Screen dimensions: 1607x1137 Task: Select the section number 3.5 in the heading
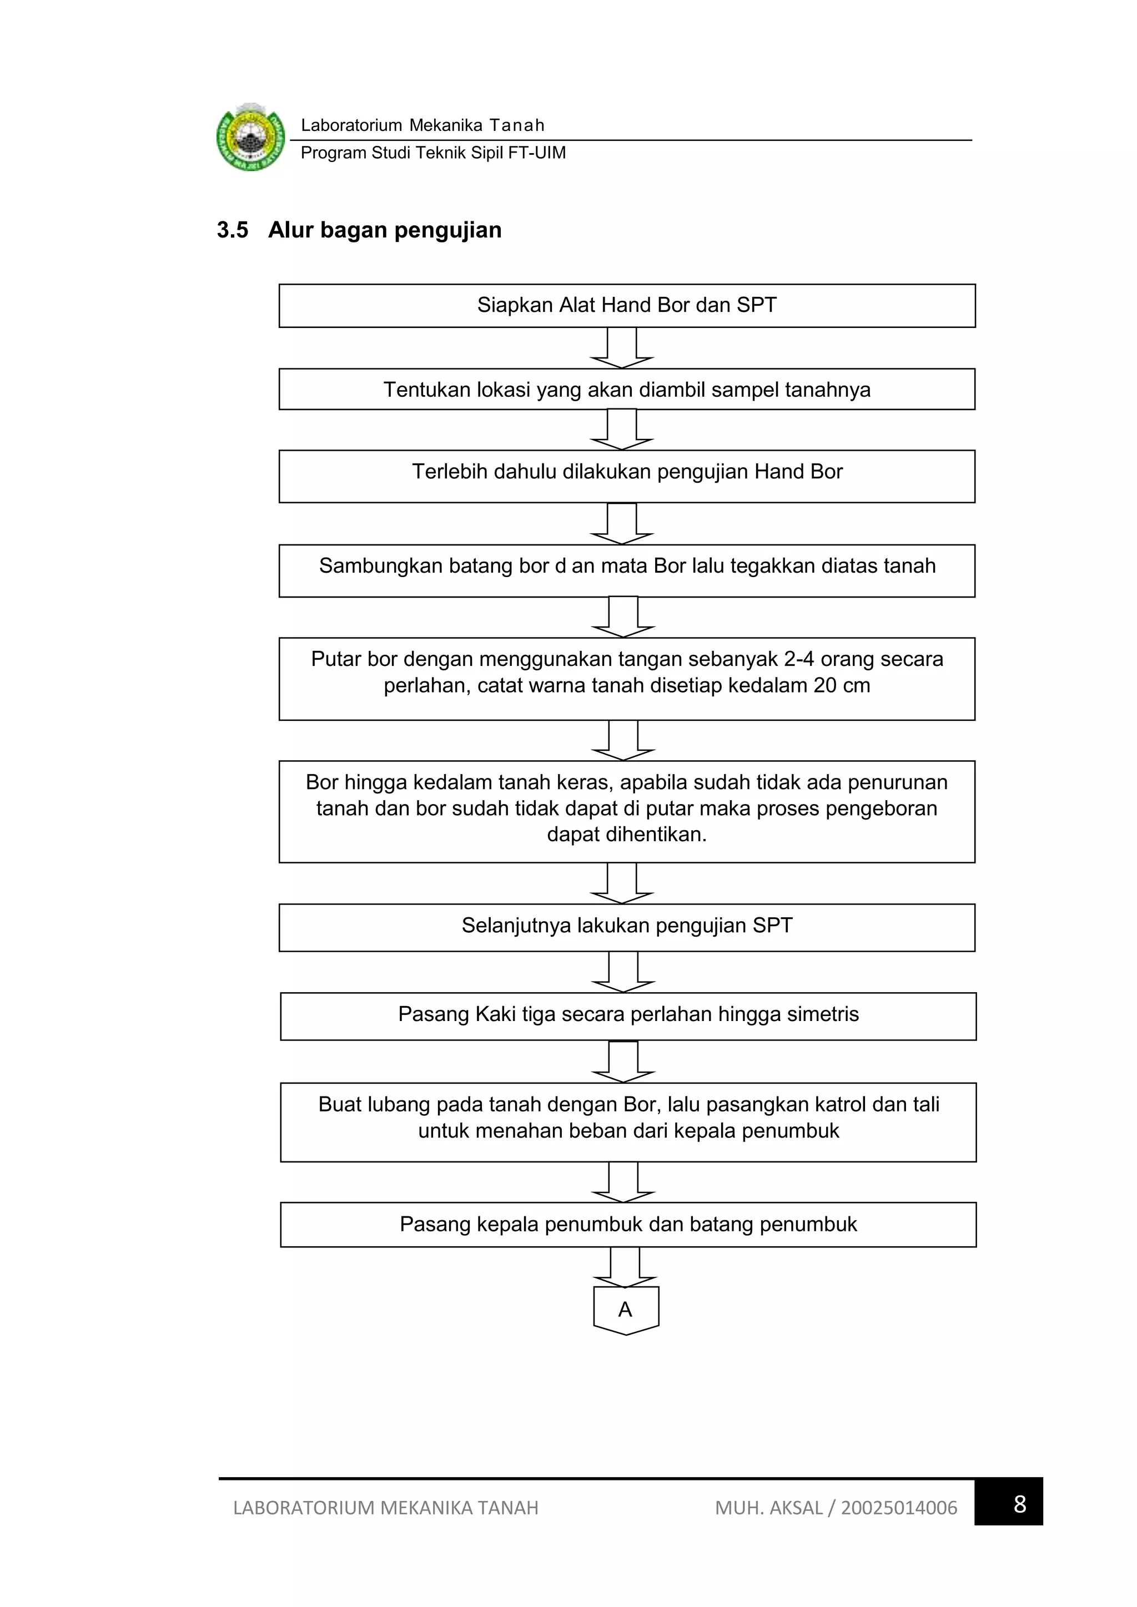pyautogui.click(x=233, y=230)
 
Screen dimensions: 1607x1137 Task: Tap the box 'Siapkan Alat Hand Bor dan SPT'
pyautogui.click(x=627, y=306)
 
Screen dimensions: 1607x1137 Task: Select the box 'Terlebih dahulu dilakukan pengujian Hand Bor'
pyautogui.click(x=627, y=476)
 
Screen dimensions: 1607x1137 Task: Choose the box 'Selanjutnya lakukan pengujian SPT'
pyautogui.click(x=627, y=927)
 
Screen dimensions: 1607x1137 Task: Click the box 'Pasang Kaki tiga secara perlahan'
pyautogui.click(x=628, y=1015)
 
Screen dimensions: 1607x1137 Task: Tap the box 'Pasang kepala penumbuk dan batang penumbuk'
pyautogui.click(x=628, y=1224)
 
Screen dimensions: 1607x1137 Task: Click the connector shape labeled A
pyautogui.click(x=625, y=1310)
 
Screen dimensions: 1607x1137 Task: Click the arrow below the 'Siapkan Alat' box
pyautogui.click(x=622, y=348)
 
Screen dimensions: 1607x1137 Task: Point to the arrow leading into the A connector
pyautogui.click(x=625, y=1267)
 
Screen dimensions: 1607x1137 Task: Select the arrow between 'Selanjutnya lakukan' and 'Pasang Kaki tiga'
pyautogui.click(x=623, y=972)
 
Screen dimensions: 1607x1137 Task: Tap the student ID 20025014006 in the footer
pyautogui.click(x=898, y=1508)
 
